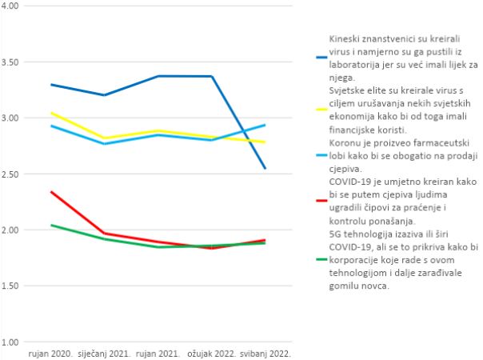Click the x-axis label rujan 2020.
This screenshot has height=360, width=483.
50,352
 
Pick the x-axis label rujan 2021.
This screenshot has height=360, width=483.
159,352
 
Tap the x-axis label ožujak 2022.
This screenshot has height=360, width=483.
211,352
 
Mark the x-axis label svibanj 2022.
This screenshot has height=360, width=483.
265,352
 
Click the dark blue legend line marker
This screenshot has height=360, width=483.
321,58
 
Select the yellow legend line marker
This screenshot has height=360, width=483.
321,110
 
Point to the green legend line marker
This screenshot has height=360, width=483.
321,258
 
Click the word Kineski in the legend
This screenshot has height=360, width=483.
345,38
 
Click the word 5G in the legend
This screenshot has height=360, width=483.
336,236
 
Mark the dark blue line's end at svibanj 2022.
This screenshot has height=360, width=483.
265,168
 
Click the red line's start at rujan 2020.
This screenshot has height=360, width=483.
50,191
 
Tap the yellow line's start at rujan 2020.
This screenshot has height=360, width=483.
50,113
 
